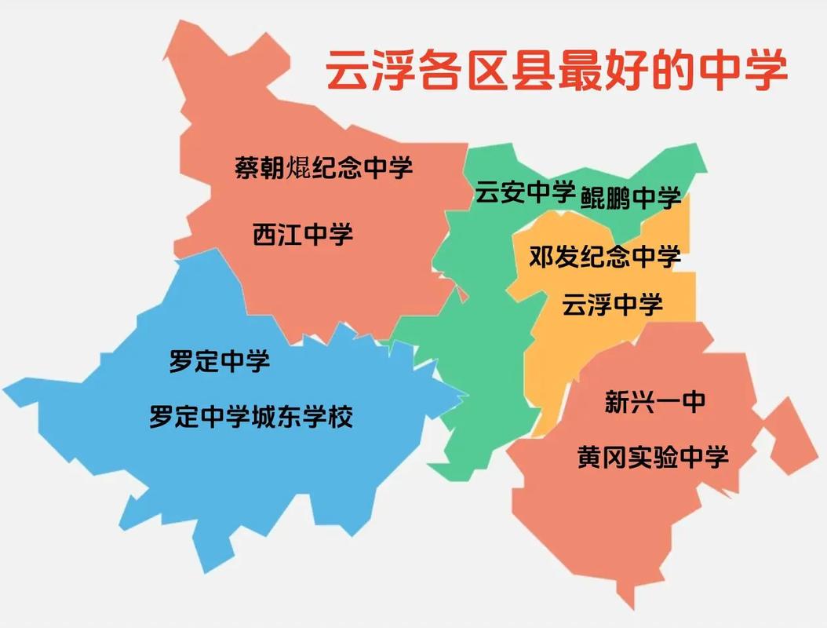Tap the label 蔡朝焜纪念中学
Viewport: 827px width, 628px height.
[323, 167]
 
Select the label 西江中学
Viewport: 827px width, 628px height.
[303, 234]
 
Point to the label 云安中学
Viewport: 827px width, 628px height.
[525, 192]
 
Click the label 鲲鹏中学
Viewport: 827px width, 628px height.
[631, 198]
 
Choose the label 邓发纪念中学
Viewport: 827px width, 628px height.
[604, 257]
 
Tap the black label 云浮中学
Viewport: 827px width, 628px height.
[612, 304]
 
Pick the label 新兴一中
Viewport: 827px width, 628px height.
[655, 402]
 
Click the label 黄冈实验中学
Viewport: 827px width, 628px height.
[653, 456]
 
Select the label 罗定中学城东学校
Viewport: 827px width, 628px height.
[251, 416]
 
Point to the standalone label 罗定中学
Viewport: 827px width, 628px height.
[220, 362]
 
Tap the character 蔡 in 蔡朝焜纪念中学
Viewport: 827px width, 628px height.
[247, 167]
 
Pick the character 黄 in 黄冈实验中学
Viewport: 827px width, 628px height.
[590, 456]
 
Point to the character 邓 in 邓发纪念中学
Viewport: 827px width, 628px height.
[541, 257]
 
